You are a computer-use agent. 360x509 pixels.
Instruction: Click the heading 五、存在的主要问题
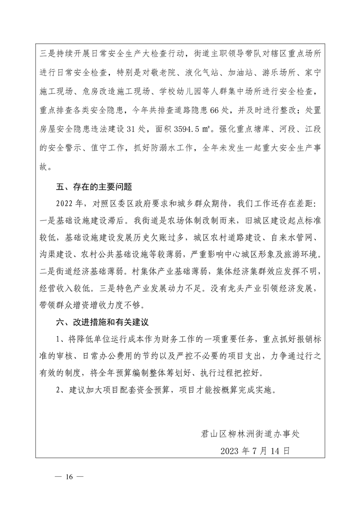tap(94, 186)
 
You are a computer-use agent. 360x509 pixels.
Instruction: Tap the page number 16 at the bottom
tap(69, 477)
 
